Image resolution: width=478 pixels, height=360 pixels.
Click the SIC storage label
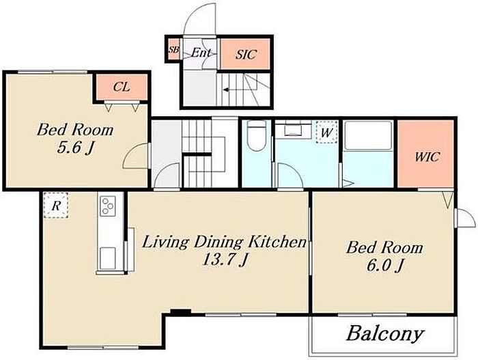[246, 54]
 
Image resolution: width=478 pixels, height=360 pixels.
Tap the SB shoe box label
[173, 49]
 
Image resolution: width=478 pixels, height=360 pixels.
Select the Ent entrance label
[201, 53]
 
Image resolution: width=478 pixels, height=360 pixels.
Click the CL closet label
[122, 87]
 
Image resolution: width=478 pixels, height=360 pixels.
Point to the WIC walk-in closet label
[427, 157]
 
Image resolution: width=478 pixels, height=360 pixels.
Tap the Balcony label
[384, 333]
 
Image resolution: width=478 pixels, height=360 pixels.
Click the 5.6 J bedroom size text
[75, 148]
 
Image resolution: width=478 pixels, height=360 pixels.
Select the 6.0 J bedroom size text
[384, 266]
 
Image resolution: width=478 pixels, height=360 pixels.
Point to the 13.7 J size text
[225, 260]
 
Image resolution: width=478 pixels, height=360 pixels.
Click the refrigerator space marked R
[55, 205]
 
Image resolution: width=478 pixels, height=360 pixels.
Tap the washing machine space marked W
[327, 132]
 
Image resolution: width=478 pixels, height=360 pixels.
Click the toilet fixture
[256, 136]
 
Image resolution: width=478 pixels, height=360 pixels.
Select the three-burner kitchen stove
[108, 206]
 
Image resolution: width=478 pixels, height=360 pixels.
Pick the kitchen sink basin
[108, 258]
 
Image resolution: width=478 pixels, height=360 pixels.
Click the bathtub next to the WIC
[368, 135]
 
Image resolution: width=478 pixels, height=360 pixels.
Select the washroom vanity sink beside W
[294, 128]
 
